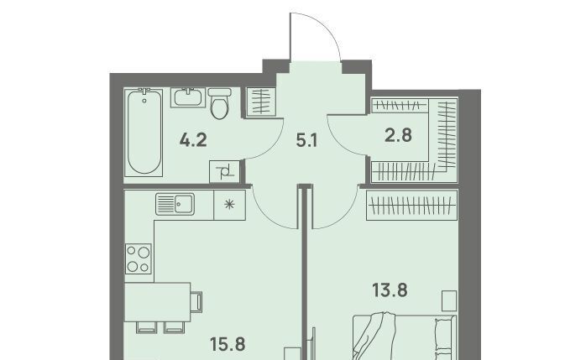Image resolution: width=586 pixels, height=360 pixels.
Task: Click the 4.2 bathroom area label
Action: [x=193, y=140]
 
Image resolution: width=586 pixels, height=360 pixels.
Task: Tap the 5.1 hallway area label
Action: [x=306, y=141]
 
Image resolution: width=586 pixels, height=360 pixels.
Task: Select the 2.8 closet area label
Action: [x=399, y=135]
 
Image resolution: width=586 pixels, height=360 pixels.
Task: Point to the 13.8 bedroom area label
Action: [x=390, y=290]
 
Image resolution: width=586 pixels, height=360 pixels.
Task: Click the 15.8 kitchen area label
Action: [x=228, y=344]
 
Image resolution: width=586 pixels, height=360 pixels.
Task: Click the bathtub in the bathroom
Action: [x=144, y=132]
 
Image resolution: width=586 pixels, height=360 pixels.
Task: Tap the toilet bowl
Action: [x=220, y=103]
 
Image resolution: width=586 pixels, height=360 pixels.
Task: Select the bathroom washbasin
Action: [x=188, y=97]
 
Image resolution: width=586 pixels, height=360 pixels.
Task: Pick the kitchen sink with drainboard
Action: [x=175, y=204]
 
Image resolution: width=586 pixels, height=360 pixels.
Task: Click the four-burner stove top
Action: [x=139, y=258]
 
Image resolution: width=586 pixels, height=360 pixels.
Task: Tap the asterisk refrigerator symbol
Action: [x=229, y=205]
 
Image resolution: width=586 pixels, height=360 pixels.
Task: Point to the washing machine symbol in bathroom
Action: [x=224, y=171]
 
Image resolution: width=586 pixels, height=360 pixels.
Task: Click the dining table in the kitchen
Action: [x=157, y=302]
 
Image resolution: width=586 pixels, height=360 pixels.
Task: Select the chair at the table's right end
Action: [x=197, y=302]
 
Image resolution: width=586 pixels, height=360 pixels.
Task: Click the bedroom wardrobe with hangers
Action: [x=412, y=205]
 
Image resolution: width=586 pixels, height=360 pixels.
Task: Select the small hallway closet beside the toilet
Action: [x=261, y=102]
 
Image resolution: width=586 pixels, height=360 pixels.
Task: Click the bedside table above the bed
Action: [x=449, y=301]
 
